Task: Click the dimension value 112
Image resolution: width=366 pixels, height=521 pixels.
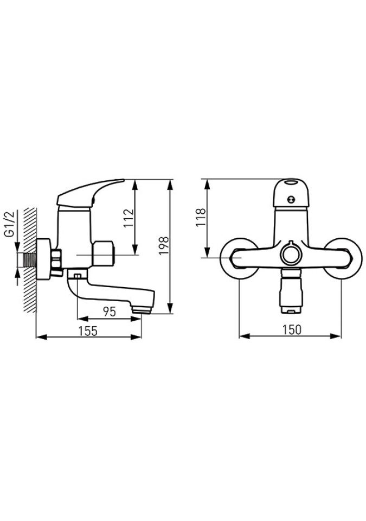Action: [129, 218]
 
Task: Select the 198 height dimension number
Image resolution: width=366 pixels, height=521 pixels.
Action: [164, 246]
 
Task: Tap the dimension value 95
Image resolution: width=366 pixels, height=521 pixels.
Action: [110, 312]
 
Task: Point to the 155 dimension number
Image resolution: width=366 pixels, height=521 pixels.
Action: [88, 331]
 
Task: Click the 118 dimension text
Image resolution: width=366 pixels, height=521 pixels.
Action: [201, 217]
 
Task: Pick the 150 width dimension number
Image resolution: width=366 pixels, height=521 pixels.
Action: [292, 329]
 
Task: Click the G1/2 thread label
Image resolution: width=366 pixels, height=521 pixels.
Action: [10, 224]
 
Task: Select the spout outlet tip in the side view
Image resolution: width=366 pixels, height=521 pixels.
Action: [142, 310]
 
